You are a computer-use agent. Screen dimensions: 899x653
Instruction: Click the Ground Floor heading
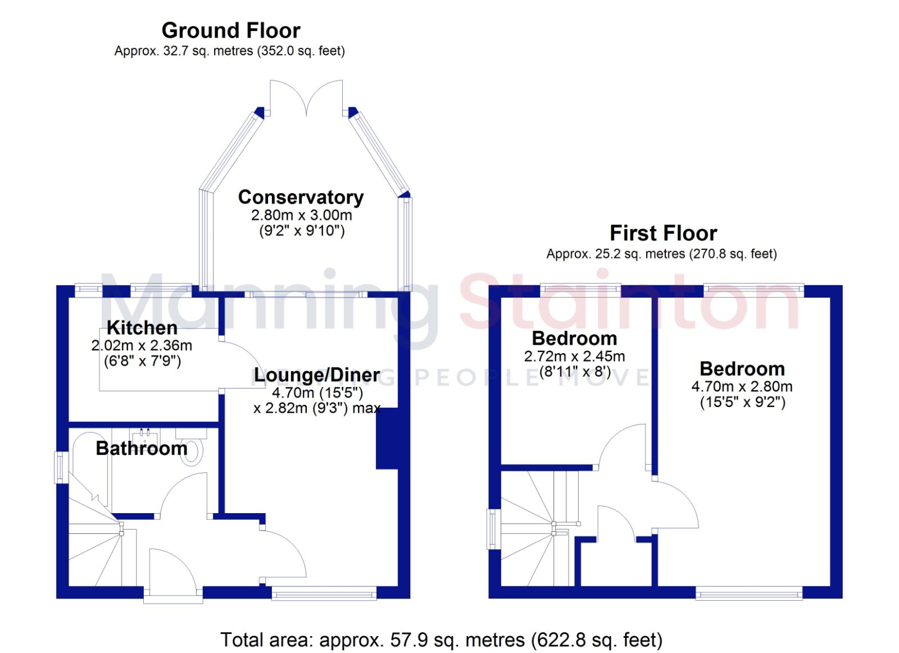pos(231,30)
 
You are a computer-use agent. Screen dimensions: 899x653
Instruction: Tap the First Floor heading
pos(663,233)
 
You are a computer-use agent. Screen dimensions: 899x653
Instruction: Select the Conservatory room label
pos(301,197)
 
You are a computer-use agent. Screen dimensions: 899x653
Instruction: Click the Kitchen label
pos(142,328)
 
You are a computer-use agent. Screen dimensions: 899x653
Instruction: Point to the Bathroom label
pos(142,448)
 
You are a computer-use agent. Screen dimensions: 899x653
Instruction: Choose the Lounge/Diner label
pos(317,375)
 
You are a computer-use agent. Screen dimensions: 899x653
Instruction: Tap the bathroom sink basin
pos(145,437)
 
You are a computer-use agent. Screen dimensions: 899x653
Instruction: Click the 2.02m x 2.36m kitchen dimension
pos(142,345)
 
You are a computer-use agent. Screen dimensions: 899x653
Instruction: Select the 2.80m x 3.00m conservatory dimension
pos(301,216)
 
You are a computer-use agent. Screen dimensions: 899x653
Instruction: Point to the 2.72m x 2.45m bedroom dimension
pos(574,356)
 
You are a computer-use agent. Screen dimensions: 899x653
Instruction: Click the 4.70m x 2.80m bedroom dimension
pos(742,387)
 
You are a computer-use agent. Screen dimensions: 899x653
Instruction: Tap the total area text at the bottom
pos(442,640)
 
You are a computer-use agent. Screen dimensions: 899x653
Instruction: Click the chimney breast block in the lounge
pos(387,439)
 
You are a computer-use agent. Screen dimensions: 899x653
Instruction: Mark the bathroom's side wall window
pos(61,467)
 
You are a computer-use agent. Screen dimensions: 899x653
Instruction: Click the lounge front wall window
pos(324,593)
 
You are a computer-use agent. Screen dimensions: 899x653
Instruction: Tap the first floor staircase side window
pos(494,529)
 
